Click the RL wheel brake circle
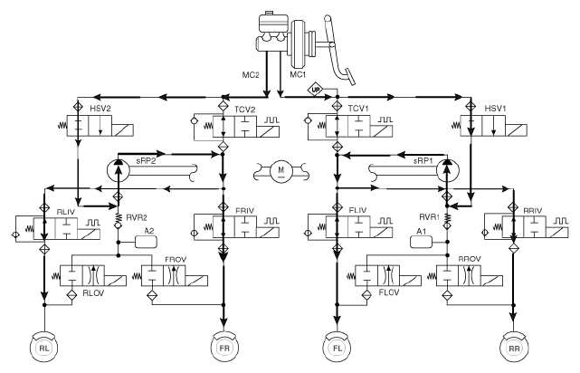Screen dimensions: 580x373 coord(44,348)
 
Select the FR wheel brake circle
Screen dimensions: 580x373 coord(224,348)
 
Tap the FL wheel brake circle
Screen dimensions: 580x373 coord(338,348)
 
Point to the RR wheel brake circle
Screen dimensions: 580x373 coord(514,348)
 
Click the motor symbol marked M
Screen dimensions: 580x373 coord(280,170)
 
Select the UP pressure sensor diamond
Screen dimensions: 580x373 coord(316,90)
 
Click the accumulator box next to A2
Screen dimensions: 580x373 coord(146,242)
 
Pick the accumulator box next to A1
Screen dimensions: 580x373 coord(421,242)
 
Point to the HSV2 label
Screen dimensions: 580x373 coord(100,109)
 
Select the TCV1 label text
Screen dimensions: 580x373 coord(358,109)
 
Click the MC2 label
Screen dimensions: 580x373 coord(251,75)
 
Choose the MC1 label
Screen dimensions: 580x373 coord(298,75)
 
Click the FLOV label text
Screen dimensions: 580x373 coord(389,292)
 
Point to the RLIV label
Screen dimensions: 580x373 coord(66,212)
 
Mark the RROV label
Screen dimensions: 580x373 coord(470,259)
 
